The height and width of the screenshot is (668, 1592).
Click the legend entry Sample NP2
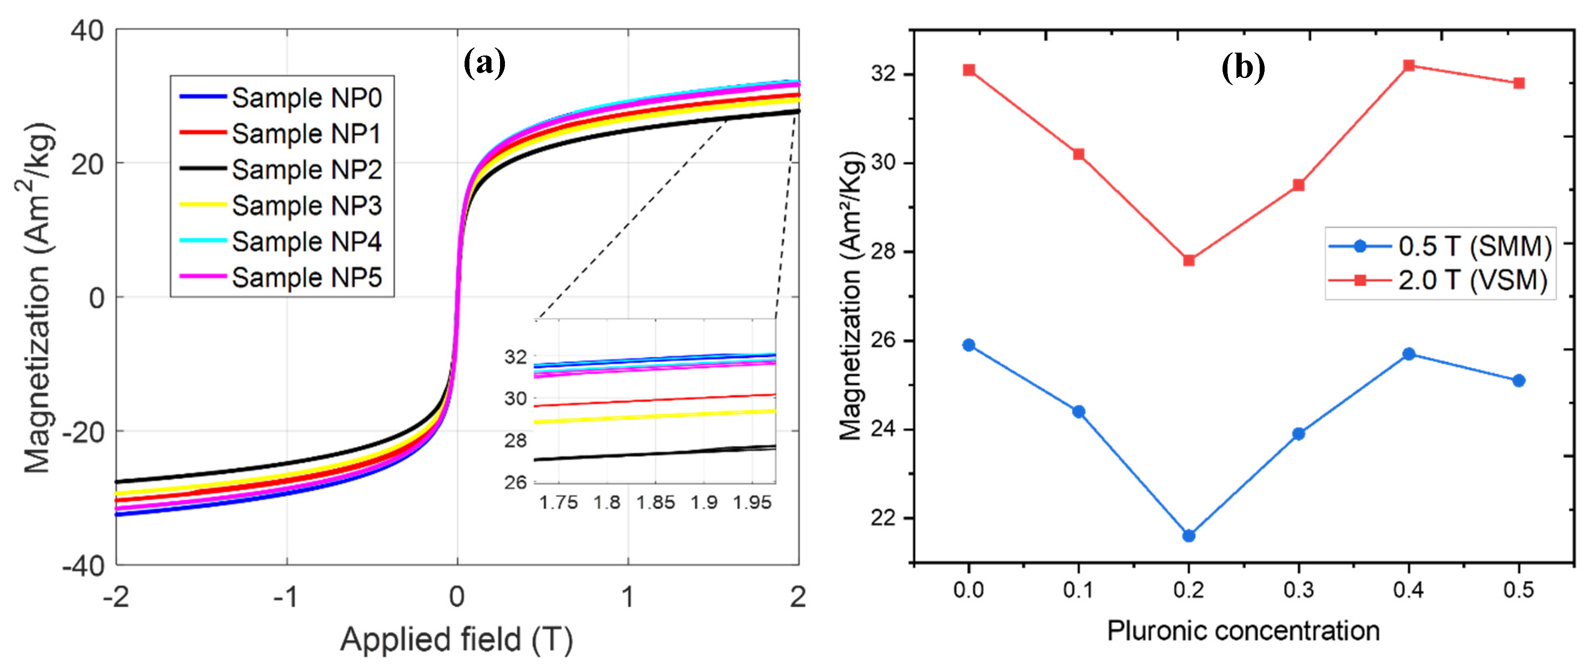click(x=307, y=169)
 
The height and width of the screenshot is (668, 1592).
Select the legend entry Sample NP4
click(x=307, y=242)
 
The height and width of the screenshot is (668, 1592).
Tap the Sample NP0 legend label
click(x=307, y=98)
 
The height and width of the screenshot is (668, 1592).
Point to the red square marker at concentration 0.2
click(x=1188, y=260)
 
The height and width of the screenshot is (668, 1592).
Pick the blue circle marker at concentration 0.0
click(x=968, y=345)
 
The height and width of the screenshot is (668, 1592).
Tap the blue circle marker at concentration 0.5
click(x=1519, y=381)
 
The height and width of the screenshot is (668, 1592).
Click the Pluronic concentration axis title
click(x=1243, y=631)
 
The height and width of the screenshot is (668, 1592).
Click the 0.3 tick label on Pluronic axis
click(x=1299, y=590)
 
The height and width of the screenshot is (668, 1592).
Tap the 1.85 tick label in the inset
click(x=655, y=502)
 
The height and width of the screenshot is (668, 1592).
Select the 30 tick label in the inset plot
click(x=516, y=399)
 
